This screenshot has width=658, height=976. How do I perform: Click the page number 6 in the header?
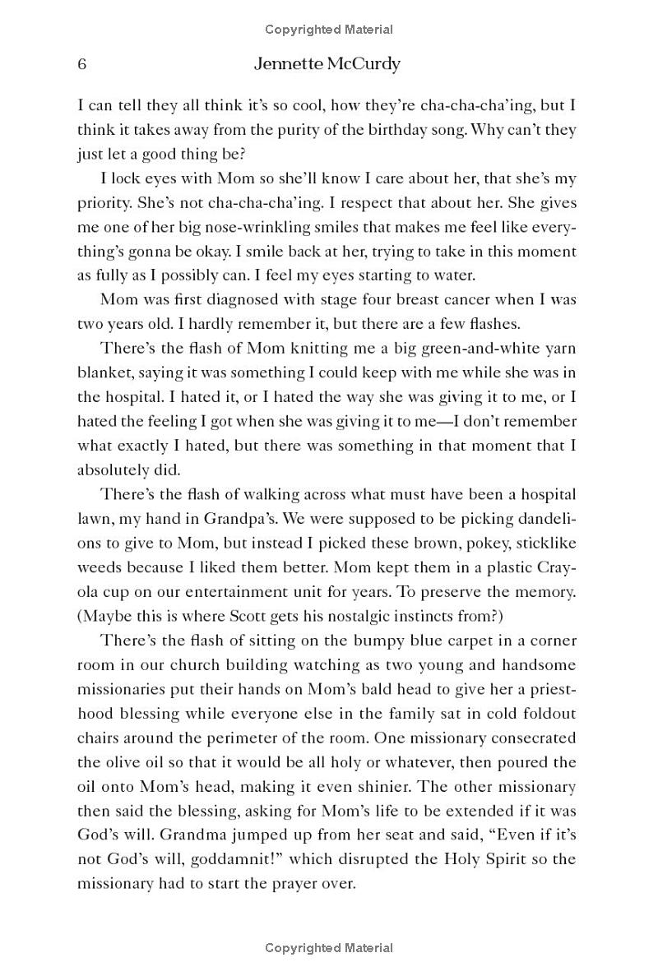(x=82, y=65)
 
